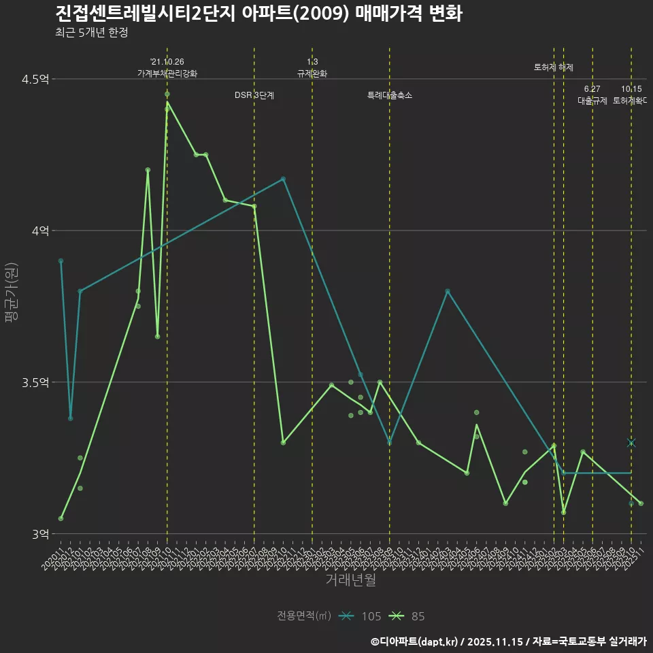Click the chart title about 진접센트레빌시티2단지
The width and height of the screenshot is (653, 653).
tap(258, 14)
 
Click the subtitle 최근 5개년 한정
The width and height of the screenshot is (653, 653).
tap(91, 33)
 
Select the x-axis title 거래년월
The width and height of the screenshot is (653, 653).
tap(350, 580)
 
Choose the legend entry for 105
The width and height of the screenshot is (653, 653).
tap(361, 616)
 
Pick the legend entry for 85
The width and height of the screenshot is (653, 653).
tap(407, 616)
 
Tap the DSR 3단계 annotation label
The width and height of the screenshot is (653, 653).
tap(254, 95)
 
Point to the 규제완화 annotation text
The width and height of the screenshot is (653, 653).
tap(312, 73)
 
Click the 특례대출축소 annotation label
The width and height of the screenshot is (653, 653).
tap(390, 95)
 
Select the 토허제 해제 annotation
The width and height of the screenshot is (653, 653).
tap(554, 67)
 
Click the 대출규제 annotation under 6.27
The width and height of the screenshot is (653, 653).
tap(592, 101)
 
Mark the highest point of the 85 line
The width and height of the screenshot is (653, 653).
tap(167, 102)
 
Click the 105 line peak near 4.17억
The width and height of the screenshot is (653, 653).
tap(284, 179)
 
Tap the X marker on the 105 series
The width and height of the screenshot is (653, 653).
tap(631, 443)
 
